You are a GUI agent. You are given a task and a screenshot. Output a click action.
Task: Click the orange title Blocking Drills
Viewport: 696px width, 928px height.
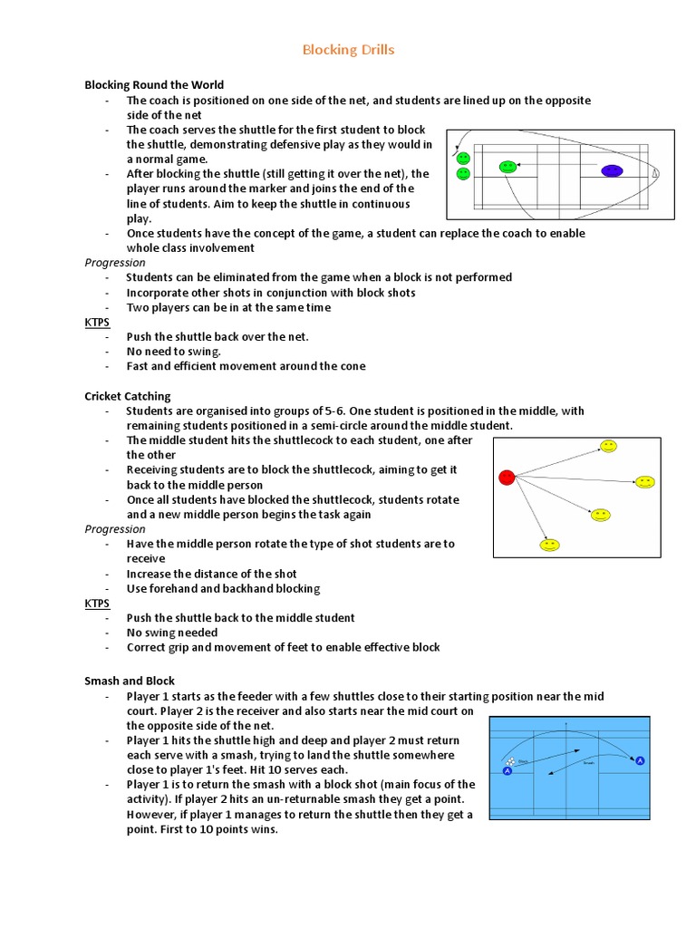(x=348, y=50)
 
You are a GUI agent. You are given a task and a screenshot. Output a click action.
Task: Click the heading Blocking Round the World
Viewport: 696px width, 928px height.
(x=154, y=85)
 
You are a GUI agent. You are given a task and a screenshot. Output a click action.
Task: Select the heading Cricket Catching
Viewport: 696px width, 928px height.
(x=128, y=396)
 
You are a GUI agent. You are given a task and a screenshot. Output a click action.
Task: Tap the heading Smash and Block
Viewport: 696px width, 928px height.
(x=130, y=681)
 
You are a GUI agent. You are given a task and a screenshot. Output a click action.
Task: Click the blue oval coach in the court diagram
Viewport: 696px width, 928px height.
(x=613, y=170)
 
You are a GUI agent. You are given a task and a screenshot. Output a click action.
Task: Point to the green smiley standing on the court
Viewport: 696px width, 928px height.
(x=508, y=167)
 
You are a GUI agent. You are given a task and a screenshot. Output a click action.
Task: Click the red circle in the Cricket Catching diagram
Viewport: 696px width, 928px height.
(x=507, y=477)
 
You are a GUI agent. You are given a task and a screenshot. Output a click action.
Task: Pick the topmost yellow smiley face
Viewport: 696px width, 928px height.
(x=608, y=447)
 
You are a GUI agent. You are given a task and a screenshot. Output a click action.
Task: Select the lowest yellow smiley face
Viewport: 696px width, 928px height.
(x=549, y=545)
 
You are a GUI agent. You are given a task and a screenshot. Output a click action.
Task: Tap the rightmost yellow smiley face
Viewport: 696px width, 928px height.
(x=644, y=482)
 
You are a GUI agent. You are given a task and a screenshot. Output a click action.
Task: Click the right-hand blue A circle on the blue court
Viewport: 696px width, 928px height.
(x=641, y=760)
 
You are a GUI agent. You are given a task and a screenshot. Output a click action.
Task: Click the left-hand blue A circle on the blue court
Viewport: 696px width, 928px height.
(x=507, y=771)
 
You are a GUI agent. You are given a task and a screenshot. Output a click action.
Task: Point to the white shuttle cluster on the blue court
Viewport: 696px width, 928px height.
(x=512, y=761)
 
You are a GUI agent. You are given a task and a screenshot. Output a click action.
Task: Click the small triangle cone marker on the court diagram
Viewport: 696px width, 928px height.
(x=654, y=173)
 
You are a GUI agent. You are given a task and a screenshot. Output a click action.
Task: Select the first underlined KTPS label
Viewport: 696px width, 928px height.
(x=97, y=322)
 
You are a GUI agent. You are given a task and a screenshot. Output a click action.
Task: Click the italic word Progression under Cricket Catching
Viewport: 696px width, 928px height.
(x=115, y=529)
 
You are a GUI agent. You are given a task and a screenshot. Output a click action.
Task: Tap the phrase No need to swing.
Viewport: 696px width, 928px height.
(x=174, y=352)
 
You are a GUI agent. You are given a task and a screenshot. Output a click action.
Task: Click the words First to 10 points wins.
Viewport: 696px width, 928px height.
(x=202, y=829)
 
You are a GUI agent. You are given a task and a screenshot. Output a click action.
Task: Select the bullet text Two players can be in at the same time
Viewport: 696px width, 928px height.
(x=228, y=307)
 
